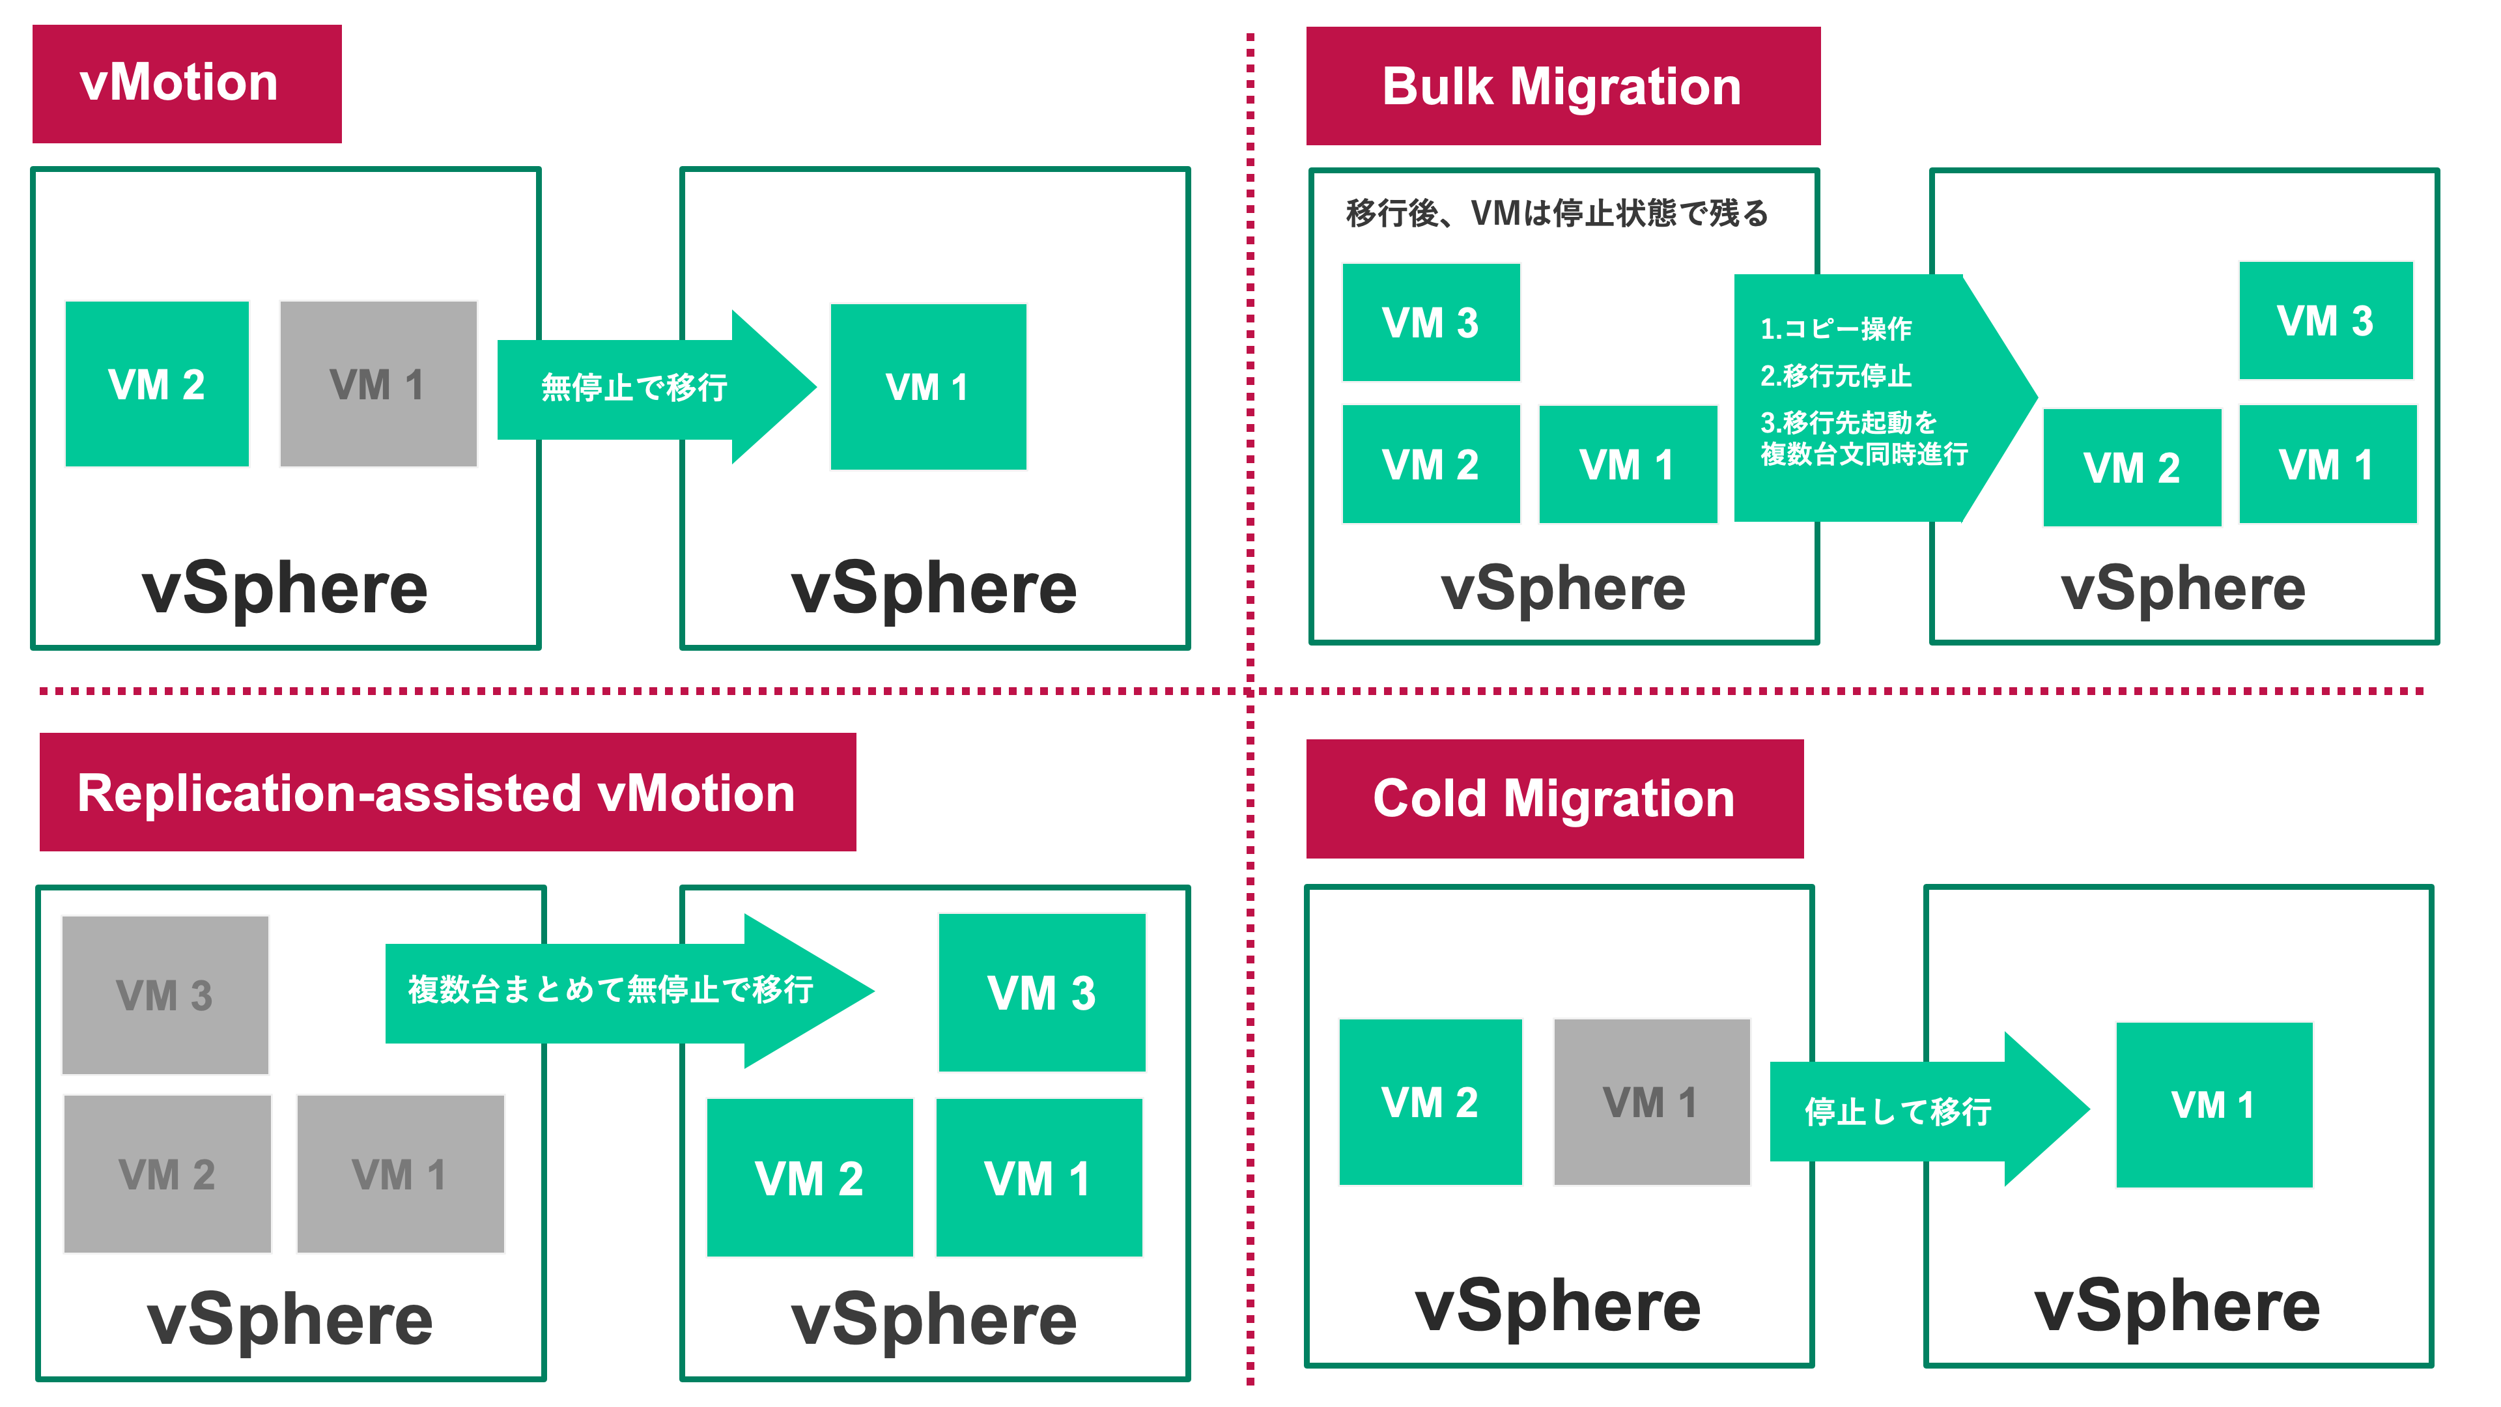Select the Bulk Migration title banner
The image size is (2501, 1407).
1562,87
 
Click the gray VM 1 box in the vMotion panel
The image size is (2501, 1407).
378,384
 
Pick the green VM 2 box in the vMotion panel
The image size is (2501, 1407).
156,384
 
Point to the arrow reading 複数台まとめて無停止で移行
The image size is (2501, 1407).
612,990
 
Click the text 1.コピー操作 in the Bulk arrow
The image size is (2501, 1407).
1835,329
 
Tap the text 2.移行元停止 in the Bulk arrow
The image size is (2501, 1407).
1835,376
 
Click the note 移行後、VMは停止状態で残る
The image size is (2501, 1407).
1557,212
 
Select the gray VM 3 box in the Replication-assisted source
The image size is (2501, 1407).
165,995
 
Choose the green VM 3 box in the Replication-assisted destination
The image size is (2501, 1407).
1042,992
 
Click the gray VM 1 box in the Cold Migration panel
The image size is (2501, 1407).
1650,1102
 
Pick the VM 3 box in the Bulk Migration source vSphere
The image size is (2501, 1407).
1430,322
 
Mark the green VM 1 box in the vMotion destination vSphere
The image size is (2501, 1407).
927,386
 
